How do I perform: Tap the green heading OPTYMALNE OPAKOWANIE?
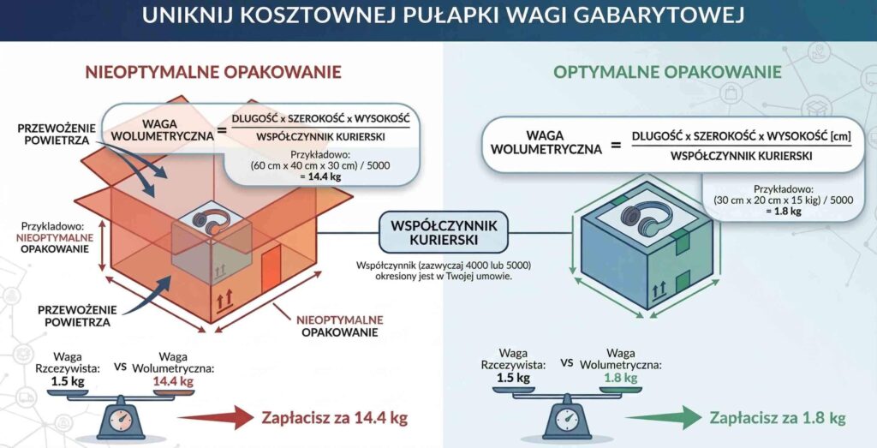[667, 72]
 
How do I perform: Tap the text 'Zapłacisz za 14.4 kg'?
[333, 418]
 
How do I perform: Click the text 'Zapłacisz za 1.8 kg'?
[778, 418]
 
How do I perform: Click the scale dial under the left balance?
[121, 421]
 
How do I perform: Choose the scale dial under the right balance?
[565, 421]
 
